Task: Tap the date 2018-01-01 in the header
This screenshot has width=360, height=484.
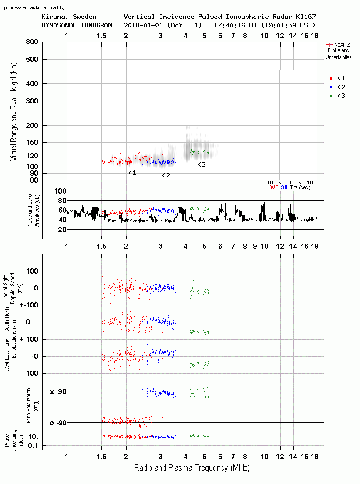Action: click(144, 25)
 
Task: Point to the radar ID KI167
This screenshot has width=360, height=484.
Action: click(306, 17)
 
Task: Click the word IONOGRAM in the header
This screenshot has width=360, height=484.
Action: click(96, 25)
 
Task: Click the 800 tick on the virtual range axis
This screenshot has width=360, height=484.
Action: click(32, 42)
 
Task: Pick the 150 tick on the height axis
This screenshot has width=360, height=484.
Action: click(32, 142)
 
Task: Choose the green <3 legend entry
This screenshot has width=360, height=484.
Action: click(337, 96)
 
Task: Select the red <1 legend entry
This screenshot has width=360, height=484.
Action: click(337, 78)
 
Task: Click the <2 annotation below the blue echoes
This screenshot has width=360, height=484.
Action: click(166, 175)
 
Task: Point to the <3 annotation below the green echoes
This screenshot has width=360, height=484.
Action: click(202, 164)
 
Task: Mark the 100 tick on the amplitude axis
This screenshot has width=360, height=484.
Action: click(60, 191)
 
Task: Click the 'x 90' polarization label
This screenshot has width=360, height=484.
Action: click(58, 392)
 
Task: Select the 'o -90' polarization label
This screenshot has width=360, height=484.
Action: click(58, 423)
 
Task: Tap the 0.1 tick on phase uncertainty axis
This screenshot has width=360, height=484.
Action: click(33, 445)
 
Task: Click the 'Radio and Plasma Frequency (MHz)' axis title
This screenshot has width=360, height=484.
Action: click(192, 468)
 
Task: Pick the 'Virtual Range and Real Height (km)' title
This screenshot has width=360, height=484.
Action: click(13, 112)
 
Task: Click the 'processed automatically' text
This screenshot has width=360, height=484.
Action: click(34, 7)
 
